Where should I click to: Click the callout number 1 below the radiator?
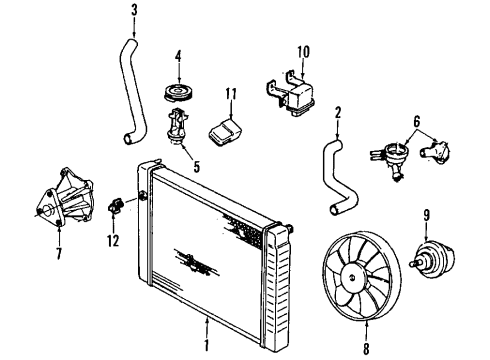pyautogui.click(x=207, y=349)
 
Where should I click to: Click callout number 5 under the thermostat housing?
pyautogui.click(x=195, y=167)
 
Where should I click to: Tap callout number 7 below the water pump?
pyautogui.click(x=58, y=254)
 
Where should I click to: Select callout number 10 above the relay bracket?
pyautogui.click(x=303, y=49)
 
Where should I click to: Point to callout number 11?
pyautogui.click(x=230, y=94)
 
